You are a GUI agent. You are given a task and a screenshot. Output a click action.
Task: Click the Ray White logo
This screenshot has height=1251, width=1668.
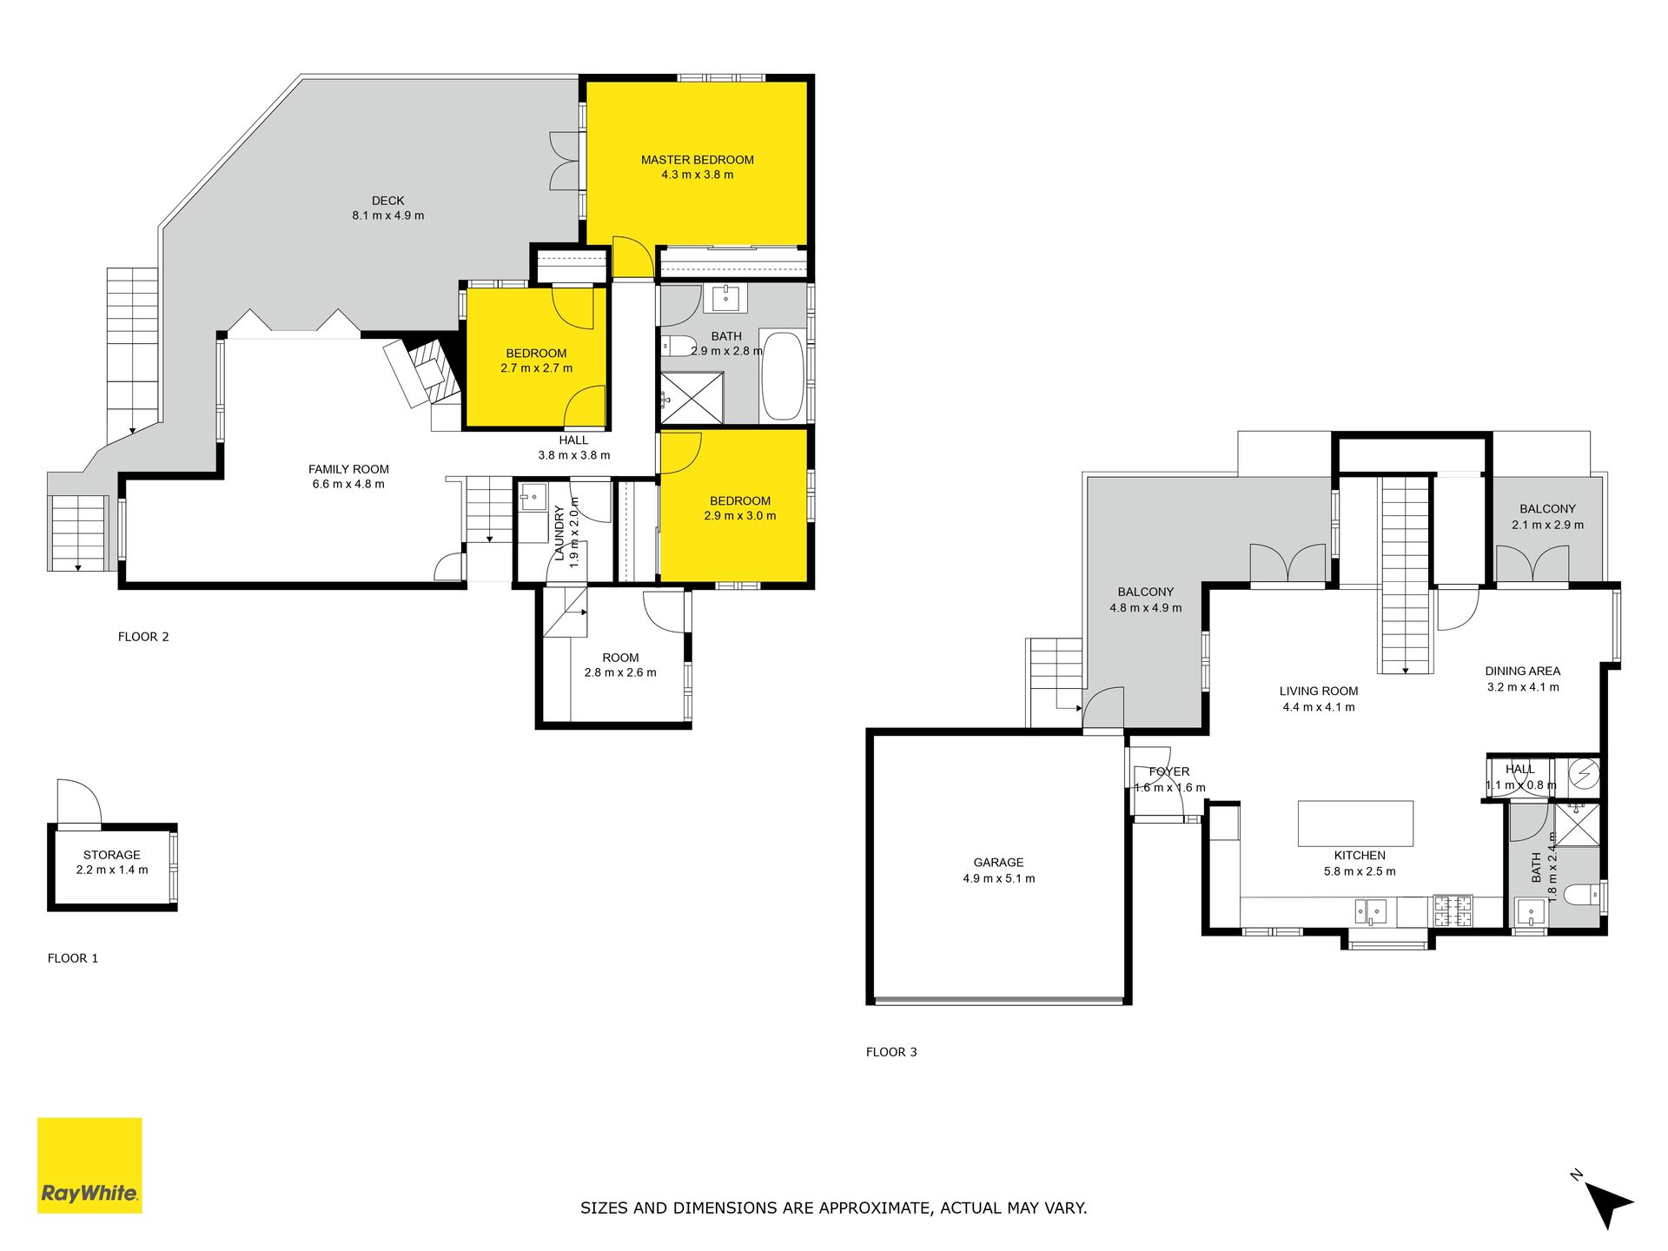(x=89, y=1165)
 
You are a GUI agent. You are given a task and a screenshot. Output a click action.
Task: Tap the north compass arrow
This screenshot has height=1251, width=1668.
(x=1609, y=1204)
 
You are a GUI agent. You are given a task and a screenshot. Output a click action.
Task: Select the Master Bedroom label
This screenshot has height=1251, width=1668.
(x=698, y=160)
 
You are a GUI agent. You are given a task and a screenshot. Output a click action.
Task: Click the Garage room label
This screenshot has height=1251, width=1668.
(x=998, y=863)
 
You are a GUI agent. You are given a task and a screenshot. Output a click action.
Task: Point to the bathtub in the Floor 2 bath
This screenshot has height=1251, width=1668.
(x=782, y=375)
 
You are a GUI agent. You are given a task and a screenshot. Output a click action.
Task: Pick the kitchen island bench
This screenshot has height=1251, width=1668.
(x=1355, y=823)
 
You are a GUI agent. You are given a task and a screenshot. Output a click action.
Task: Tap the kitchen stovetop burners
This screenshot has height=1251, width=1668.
(x=1453, y=910)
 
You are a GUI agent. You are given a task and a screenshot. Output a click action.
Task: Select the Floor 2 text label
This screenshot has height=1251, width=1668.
(x=143, y=637)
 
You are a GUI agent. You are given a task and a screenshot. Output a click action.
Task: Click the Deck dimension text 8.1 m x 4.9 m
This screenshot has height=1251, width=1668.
(x=388, y=215)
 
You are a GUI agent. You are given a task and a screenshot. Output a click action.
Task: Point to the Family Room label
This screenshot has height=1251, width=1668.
(x=348, y=469)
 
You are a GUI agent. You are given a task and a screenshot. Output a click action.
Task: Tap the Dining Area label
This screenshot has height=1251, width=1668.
(x=1523, y=671)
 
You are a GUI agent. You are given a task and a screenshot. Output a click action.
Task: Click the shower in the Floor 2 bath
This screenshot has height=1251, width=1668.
(x=692, y=398)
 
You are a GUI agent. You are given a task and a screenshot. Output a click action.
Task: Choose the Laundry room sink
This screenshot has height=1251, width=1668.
(x=531, y=499)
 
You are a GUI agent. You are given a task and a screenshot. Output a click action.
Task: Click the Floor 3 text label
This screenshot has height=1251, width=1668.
(x=891, y=1052)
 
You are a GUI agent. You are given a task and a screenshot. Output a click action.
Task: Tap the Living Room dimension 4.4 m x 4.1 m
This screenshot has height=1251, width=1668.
(x=1319, y=707)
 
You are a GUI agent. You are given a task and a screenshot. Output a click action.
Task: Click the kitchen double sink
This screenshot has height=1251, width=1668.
(x=1370, y=911)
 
